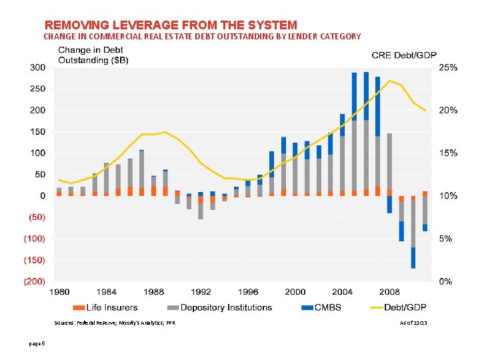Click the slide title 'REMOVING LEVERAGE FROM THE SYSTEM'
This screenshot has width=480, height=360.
coord(170,25)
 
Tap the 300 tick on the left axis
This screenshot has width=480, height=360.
coord(37,67)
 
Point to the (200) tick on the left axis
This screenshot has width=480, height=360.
coord(35,281)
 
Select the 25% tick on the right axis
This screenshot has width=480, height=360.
coord(448,67)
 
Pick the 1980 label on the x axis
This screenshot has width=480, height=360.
coord(59,292)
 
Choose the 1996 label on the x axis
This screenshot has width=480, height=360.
coord(248,292)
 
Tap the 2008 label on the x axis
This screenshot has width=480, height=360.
coord(389,292)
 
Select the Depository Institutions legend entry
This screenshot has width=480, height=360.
coord(220,307)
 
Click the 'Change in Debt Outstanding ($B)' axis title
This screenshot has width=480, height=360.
coord(93,55)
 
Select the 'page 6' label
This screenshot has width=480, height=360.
coord(37,343)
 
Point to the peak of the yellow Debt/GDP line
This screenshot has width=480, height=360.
coord(390,81)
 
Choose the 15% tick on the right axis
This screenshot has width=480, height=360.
coord(448,153)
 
